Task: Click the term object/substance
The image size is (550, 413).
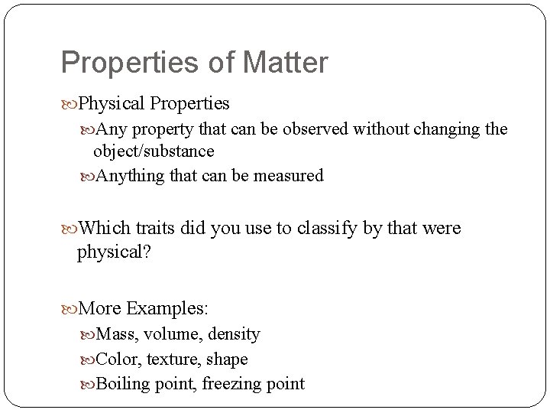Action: click(154, 151)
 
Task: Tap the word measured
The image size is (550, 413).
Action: click(288, 176)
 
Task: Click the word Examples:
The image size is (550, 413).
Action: click(167, 308)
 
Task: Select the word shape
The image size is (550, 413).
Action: click(228, 359)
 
